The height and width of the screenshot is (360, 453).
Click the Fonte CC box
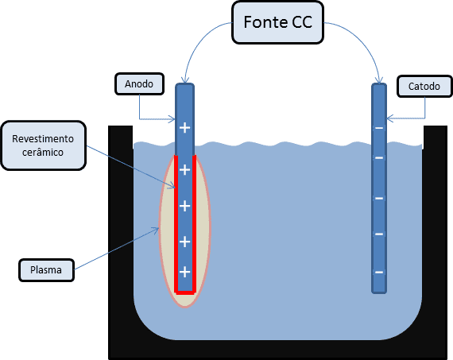(277, 22)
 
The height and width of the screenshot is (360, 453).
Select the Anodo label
(140, 83)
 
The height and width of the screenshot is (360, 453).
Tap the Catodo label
(424, 86)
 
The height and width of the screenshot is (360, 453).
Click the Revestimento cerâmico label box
(44, 145)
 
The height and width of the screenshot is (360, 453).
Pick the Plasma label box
(46, 270)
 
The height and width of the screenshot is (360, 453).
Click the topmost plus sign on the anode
(185, 127)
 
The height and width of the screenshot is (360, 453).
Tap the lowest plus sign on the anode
(185, 272)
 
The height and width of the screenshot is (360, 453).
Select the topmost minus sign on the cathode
(379, 128)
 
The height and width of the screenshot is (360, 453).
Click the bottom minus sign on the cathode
(379, 272)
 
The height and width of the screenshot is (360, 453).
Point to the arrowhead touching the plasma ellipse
(157, 230)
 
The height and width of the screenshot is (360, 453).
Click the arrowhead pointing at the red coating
(173, 186)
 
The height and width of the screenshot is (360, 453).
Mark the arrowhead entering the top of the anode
(185, 80)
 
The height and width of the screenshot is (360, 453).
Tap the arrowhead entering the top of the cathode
(379, 80)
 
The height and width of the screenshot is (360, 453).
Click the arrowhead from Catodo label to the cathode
(389, 118)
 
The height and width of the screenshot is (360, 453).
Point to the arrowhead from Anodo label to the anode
(172, 118)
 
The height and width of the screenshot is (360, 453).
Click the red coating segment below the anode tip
(185, 292)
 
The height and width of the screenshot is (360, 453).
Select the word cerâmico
(43, 153)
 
